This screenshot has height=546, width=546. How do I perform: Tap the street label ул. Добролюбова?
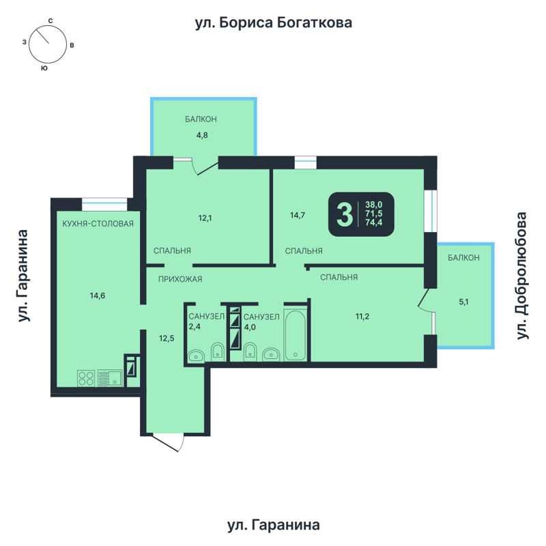523,276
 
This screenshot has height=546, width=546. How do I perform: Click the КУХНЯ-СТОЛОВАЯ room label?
97,223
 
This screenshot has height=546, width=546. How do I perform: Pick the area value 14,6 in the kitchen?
97,296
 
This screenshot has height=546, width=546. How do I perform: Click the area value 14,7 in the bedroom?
297,216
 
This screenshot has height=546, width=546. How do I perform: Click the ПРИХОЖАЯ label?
180,278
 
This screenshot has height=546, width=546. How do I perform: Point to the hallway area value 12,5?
167,336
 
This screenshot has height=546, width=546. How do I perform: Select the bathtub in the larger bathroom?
295,334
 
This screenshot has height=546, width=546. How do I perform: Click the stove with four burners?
85,378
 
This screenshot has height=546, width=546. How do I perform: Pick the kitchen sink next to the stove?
109,377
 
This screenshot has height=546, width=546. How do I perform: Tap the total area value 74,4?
374,222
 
